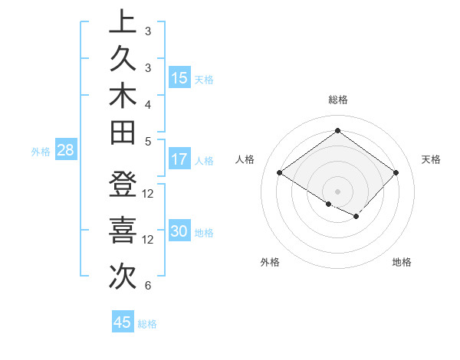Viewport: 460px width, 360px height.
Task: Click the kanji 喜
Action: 123,230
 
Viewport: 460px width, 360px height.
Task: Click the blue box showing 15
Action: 179,78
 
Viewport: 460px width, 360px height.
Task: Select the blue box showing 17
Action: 179,160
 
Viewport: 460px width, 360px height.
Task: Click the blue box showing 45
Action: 123,322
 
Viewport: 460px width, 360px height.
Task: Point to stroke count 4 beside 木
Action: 147,104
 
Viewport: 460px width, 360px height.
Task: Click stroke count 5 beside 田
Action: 147,141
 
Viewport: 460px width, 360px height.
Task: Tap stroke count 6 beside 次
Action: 147,286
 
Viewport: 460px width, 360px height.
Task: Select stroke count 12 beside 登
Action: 149,193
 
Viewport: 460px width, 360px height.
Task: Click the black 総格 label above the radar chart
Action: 337,100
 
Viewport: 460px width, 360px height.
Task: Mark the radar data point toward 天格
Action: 396,173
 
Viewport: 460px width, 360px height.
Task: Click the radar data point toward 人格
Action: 280,173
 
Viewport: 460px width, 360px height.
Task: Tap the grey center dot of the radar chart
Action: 337,191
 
